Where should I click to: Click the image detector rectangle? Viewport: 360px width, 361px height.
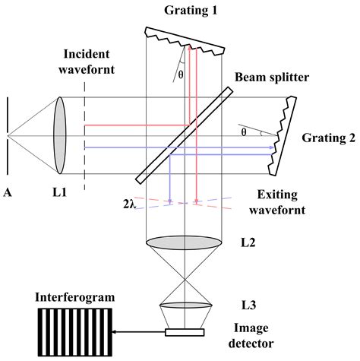(184, 331)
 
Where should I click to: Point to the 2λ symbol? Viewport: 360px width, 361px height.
(128, 204)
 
